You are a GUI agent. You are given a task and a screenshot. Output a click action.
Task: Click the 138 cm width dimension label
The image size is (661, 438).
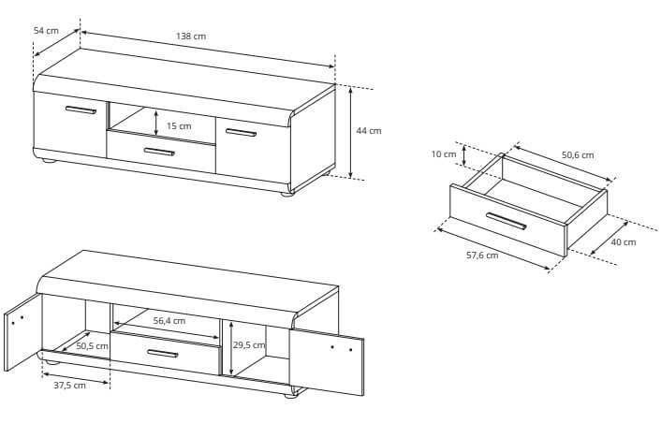(x=191, y=36)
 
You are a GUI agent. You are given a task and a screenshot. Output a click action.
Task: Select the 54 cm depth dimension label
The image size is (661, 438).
(x=46, y=30)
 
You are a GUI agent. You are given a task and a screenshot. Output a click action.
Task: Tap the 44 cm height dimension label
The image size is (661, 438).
(x=369, y=131)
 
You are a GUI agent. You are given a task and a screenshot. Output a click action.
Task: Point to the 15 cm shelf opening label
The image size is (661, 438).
(x=179, y=126)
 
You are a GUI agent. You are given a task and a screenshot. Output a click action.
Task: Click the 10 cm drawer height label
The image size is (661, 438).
(x=444, y=154)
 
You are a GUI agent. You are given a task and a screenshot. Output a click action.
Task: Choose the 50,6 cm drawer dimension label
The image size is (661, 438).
(x=578, y=155)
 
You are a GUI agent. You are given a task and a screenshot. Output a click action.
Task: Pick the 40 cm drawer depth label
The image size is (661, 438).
(x=624, y=242)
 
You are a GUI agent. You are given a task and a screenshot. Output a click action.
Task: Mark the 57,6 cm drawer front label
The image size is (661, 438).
(x=482, y=255)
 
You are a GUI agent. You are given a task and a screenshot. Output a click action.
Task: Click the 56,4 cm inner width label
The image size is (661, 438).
(x=169, y=321)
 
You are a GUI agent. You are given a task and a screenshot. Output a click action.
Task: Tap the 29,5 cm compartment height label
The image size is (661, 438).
(x=249, y=344)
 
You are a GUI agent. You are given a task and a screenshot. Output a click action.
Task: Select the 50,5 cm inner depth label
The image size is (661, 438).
(x=93, y=346)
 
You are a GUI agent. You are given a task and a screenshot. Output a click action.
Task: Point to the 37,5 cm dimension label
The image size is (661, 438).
(x=69, y=386)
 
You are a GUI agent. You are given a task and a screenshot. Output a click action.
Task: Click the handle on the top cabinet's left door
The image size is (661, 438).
(x=81, y=110)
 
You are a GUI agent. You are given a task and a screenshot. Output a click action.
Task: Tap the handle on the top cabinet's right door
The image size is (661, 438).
(x=241, y=133)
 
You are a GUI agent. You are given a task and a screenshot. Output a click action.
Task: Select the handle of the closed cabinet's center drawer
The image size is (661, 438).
(x=159, y=152)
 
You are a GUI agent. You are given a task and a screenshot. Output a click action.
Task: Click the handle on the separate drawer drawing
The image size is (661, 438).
(x=506, y=221)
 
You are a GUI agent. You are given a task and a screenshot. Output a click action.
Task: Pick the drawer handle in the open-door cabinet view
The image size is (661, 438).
(x=162, y=353)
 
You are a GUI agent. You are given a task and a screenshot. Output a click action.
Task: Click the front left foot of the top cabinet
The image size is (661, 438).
(x=48, y=160)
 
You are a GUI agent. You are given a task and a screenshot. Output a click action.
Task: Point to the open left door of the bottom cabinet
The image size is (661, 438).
(x=22, y=333)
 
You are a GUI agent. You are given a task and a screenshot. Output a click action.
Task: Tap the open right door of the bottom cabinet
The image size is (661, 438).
(x=326, y=362)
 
